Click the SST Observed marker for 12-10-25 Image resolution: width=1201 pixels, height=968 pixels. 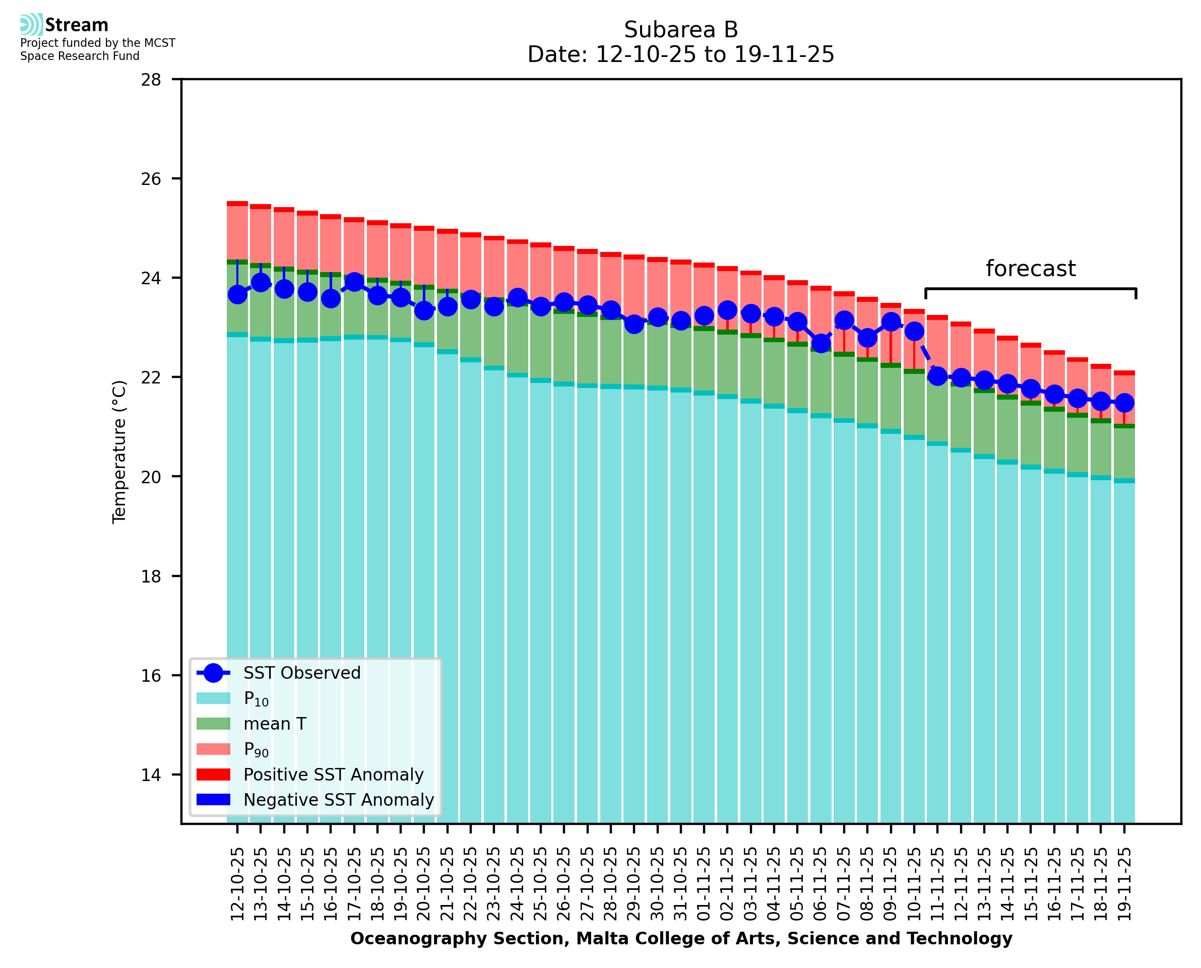pyautogui.click(x=237, y=294)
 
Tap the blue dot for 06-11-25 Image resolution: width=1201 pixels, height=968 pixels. pyautogui.click(x=820, y=344)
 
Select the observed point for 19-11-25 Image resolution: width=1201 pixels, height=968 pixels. pyautogui.click(x=1124, y=403)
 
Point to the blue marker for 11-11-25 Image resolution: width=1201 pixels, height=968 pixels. pyautogui.click(x=937, y=376)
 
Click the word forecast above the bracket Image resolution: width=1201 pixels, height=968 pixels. pyautogui.click(x=1030, y=269)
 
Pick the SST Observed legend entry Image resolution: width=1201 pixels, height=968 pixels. pyautogui.click(x=302, y=673)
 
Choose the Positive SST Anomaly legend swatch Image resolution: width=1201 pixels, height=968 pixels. pyautogui.click(x=213, y=775)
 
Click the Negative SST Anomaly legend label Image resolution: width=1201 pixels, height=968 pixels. pyautogui.click(x=339, y=800)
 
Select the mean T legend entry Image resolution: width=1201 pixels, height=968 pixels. pyautogui.click(x=275, y=724)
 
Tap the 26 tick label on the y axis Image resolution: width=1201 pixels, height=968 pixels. pyautogui.click(x=151, y=179)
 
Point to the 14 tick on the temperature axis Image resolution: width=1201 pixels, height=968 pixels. pyautogui.click(x=151, y=775)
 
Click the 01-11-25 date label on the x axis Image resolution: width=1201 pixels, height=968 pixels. pyautogui.click(x=704, y=883)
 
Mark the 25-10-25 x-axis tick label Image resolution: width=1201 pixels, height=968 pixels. pyautogui.click(x=540, y=883)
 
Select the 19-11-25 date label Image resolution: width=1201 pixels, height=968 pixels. pyautogui.click(x=1124, y=883)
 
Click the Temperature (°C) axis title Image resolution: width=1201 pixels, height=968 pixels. pyautogui.click(x=119, y=451)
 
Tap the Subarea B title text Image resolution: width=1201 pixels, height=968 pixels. pyautogui.click(x=681, y=30)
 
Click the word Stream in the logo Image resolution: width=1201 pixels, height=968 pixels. pyautogui.click(x=77, y=25)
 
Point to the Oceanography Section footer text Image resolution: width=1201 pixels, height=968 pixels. pyautogui.click(x=681, y=938)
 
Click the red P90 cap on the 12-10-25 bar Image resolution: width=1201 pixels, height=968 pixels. pyautogui.click(x=237, y=204)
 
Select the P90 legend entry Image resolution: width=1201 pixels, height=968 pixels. pyautogui.click(x=256, y=749)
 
